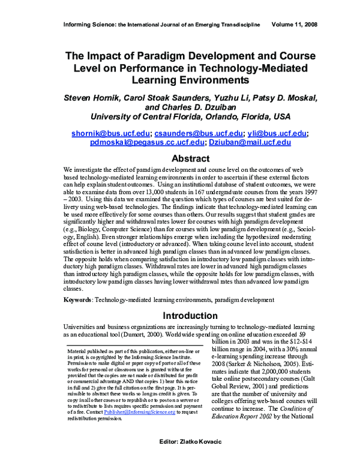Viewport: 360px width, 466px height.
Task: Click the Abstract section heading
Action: point(180,159)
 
